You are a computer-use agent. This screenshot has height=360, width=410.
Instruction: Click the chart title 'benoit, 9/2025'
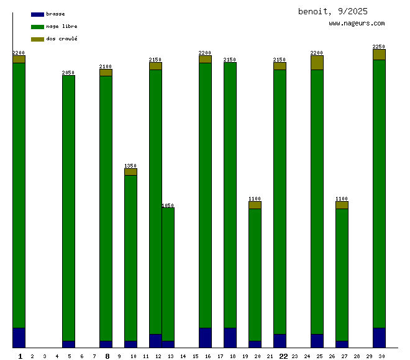[332, 11]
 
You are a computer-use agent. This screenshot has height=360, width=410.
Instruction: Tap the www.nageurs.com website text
[357, 24]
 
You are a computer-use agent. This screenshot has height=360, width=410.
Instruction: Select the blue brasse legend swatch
[37, 14]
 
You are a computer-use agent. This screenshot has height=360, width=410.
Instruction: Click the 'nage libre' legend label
[61, 27]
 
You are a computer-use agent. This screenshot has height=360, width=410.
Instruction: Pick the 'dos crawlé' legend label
[61, 39]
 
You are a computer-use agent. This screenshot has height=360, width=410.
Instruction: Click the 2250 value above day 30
[379, 47]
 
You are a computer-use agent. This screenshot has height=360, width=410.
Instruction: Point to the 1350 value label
[130, 166]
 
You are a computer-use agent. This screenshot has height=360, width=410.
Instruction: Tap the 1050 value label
[168, 205]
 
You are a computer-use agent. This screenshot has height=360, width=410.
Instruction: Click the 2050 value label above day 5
[68, 73]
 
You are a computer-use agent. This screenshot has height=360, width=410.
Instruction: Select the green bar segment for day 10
[130, 258]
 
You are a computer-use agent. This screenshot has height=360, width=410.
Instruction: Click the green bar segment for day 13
[168, 273]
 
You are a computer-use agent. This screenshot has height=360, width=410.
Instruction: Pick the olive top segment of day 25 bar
[317, 63]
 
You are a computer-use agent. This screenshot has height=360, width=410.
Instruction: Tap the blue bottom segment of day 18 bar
[230, 338]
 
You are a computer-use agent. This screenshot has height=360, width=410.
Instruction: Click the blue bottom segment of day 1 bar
[19, 338]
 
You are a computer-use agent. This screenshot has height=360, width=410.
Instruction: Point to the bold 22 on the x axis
[283, 356]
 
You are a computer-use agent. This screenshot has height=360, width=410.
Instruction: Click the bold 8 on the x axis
[107, 356]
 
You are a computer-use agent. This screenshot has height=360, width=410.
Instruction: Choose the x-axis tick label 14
[183, 356]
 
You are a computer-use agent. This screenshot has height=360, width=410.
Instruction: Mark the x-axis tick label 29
[369, 356]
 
